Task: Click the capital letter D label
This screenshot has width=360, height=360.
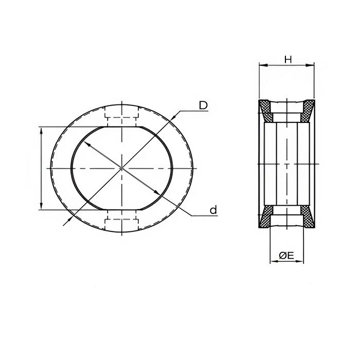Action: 203,105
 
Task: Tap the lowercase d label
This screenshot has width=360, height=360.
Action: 213,210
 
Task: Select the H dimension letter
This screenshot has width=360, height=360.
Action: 288,60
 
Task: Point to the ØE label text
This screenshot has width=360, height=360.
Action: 286,255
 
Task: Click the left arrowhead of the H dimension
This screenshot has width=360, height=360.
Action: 261,65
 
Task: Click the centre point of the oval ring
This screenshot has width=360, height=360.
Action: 121,168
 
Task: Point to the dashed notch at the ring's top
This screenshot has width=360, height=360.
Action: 121,115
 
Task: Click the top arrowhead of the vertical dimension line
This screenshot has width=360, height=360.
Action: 41,129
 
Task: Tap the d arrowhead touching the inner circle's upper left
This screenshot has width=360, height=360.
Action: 87,145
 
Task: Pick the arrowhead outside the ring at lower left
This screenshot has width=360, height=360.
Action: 65,222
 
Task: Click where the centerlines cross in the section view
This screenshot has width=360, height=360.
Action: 286,164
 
